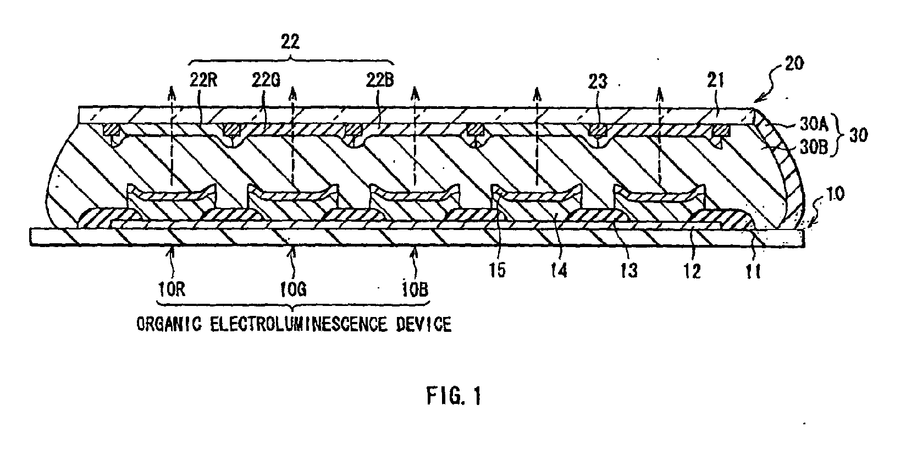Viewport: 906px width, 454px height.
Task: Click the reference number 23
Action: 598,82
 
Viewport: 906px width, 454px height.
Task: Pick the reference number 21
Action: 716,82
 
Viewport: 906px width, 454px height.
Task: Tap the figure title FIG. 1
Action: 453,396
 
